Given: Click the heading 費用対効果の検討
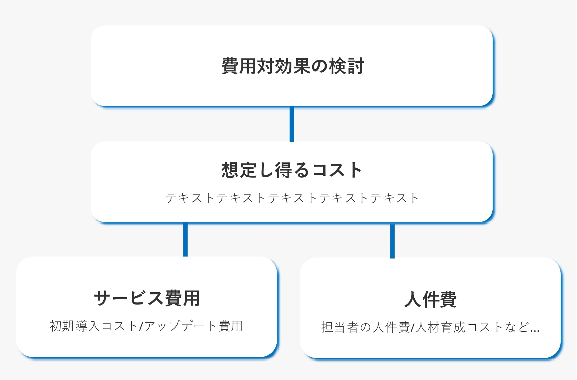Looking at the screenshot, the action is tap(293, 66).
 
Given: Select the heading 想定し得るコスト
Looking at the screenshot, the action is tap(292, 170).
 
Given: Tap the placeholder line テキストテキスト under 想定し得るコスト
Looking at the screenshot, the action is tap(292, 198).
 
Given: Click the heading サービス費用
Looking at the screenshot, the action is tap(147, 298).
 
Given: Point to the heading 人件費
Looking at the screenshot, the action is tap(430, 299).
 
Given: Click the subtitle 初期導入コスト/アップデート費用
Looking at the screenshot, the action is tap(146, 326).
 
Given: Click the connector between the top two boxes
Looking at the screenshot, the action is tap(292, 124).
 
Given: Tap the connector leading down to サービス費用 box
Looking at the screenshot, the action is tap(185, 239).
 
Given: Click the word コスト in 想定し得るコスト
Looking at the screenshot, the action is tap(337, 170).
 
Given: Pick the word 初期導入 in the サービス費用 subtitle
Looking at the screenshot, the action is tap(75, 326).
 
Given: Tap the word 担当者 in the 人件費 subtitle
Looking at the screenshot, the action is tap(340, 327).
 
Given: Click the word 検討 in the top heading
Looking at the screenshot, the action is tap(347, 66).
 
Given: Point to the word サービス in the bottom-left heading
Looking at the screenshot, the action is tap(129, 298).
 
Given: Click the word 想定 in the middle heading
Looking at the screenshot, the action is tap(239, 170).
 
